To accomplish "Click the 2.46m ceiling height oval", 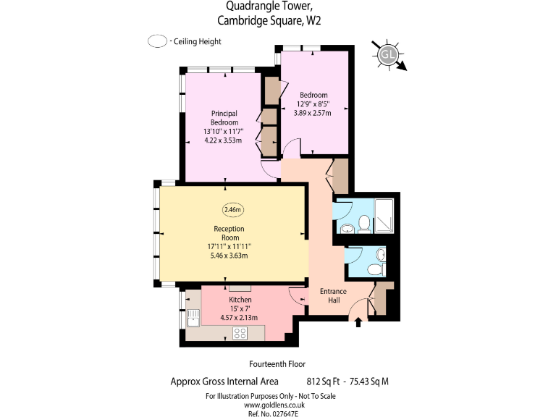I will pyautogui.click(x=232, y=210).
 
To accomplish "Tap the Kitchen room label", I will pyautogui.click(x=240, y=300).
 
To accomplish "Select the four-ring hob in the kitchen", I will pyautogui.click(x=240, y=333).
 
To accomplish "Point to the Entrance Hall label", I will pyautogui.click(x=334, y=296).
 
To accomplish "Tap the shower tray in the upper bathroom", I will pyautogui.click(x=385, y=215).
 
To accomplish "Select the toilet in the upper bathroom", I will pyautogui.click(x=364, y=224).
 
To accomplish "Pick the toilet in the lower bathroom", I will pyautogui.click(x=374, y=269).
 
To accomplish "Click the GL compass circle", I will pyautogui.click(x=389, y=54).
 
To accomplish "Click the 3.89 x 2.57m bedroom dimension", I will pyautogui.click(x=312, y=113).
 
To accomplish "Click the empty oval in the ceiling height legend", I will pyautogui.click(x=157, y=42).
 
